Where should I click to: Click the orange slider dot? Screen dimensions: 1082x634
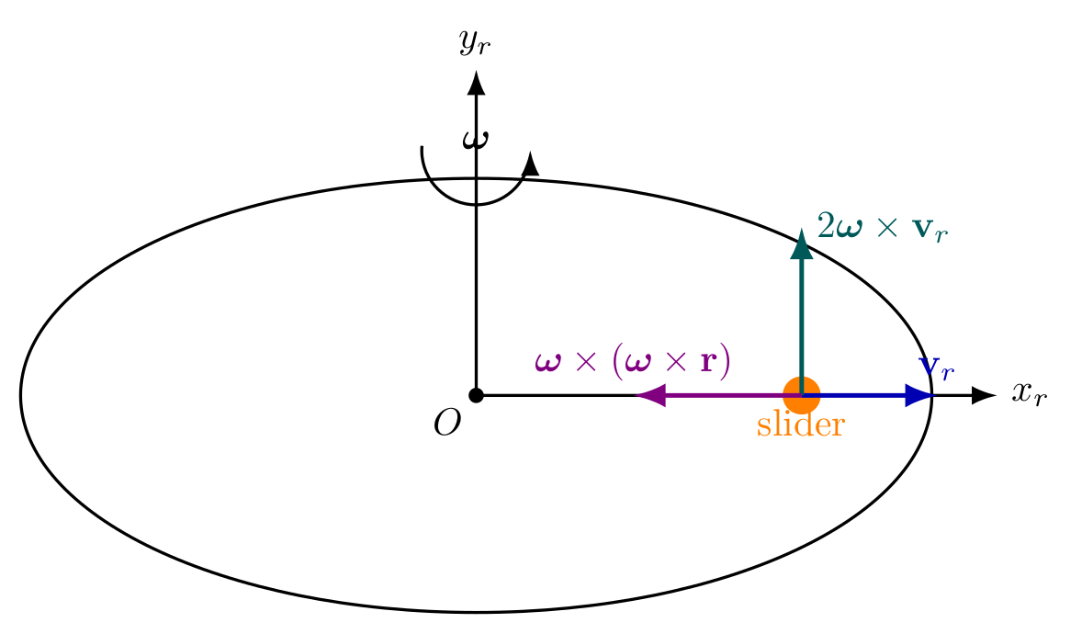pyautogui.click(x=801, y=396)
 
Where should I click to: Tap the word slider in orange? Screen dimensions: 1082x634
pyautogui.click(x=800, y=425)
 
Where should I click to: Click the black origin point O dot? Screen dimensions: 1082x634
pyautogui.click(x=476, y=396)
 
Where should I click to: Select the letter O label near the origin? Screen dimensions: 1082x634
pyautogui.click(x=447, y=423)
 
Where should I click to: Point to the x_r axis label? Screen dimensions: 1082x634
pyautogui.click(x=1030, y=393)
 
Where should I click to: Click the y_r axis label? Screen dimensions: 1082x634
pyautogui.click(x=475, y=43)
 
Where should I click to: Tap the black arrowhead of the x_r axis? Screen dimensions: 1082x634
pyautogui.click(x=984, y=396)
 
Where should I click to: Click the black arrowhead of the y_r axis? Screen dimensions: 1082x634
pyautogui.click(x=476, y=83)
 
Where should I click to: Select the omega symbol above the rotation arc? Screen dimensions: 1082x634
pyautogui.click(x=476, y=140)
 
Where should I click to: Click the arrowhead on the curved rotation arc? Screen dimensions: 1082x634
pyautogui.click(x=530, y=164)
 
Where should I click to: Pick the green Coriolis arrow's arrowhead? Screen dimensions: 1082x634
pyautogui.click(x=801, y=243)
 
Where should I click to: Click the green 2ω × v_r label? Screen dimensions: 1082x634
pyautogui.click(x=883, y=227)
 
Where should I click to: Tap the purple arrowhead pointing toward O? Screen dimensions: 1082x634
pyautogui.click(x=650, y=396)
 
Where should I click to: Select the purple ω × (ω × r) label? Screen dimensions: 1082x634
pyautogui.click(x=632, y=361)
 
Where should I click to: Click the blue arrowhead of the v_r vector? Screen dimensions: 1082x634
pyautogui.click(x=918, y=396)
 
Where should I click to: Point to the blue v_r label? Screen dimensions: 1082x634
pyautogui.click(x=937, y=368)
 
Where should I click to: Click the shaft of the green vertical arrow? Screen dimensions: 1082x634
pyautogui.click(x=801, y=319)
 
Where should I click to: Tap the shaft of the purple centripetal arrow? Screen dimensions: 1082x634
pyautogui.click(x=724, y=396)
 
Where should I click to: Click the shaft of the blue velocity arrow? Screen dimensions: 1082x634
pyautogui.click(x=862, y=396)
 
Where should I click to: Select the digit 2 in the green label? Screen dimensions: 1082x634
pyautogui.click(x=825, y=226)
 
